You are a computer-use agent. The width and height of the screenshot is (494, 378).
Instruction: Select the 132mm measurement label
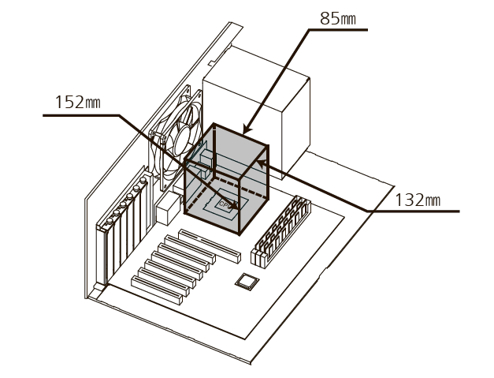[x=418, y=199]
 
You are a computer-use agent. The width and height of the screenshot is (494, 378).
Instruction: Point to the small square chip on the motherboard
[x=247, y=281]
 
